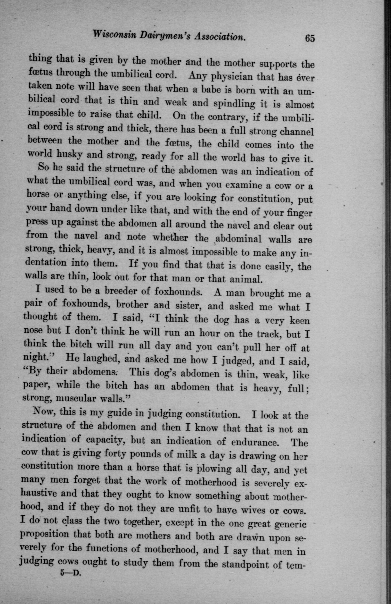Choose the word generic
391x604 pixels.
288,524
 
